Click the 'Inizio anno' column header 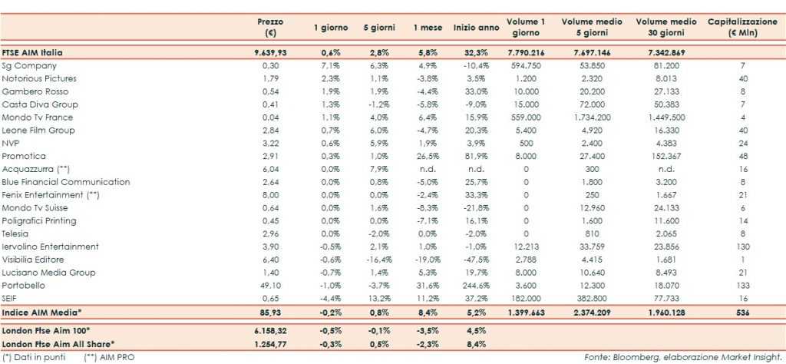click(x=476, y=28)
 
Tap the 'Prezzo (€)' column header click(x=270, y=28)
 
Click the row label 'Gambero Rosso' click(x=28, y=91)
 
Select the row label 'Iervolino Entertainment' click(x=51, y=247)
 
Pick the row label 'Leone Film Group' click(x=38, y=130)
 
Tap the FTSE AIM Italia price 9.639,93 click(x=274, y=52)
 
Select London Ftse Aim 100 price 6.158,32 click(x=274, y=329)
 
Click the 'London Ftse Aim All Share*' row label click(x=59, y=342)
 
